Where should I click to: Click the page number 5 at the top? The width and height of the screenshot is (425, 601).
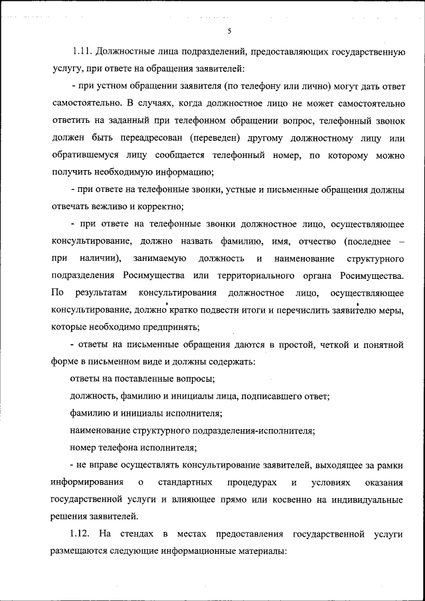228,31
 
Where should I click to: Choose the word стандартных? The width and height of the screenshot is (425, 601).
185,481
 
